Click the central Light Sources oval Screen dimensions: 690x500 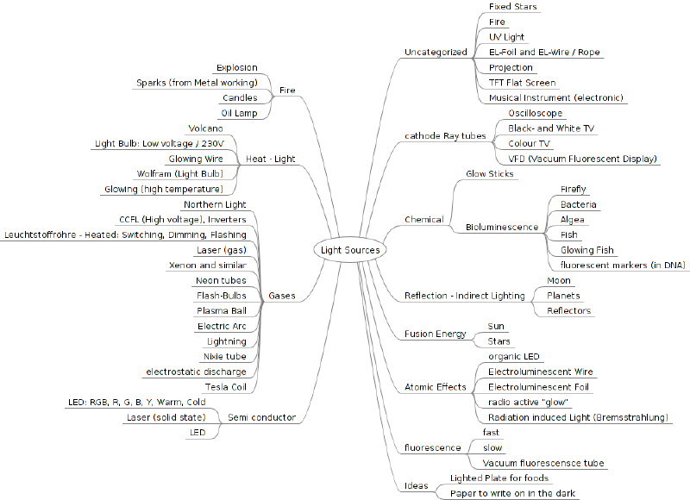coord(350,250)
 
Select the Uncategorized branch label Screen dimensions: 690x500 coord(436,52)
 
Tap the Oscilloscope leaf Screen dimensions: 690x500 coord(535,113)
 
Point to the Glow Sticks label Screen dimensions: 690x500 coord(489,173)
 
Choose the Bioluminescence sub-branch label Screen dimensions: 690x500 coord(502,227)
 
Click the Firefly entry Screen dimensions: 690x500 coord(573,189)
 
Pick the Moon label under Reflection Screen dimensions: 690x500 coord(558,280)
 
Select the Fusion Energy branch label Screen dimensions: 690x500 coord(436,334)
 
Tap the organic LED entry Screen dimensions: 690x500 coord(513,357)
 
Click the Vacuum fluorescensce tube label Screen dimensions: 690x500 coord(543,463)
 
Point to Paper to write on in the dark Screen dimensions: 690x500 coord(512,493)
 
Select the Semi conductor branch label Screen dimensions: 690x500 coord(262,417)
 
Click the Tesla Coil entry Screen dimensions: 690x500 coord(225,387)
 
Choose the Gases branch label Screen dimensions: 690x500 coord(282,296)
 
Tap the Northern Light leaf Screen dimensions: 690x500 coord(215,204)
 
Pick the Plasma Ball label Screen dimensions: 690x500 coord(222,311)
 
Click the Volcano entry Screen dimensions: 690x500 coord(205,128)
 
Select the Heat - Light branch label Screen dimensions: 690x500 coord(270,159)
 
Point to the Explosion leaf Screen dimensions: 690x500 coord(236,67)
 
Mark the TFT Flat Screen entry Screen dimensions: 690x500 coord(522,83)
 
